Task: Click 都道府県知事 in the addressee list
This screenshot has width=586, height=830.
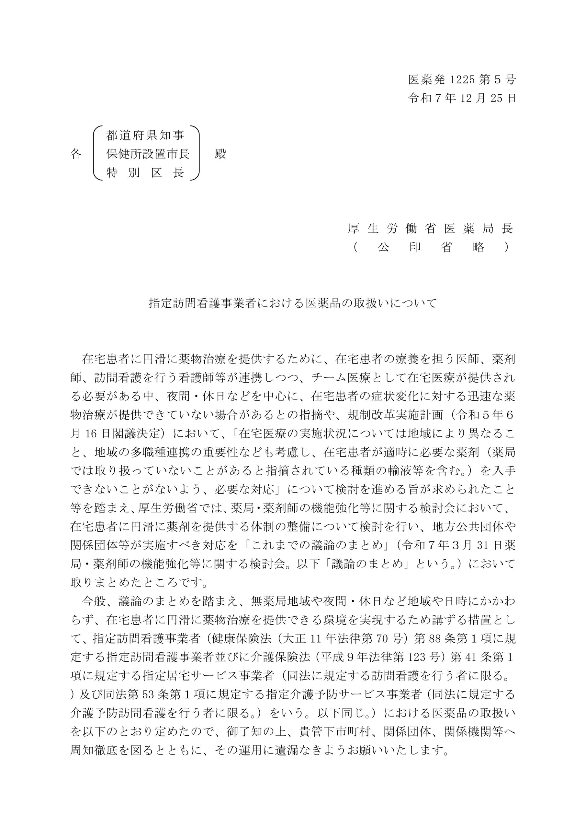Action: click(145, 136)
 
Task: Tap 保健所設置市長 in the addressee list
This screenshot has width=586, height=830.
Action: click(148, 154)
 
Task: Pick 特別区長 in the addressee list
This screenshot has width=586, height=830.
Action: click(145, 172)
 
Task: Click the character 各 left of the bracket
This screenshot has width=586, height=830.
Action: click(76, 154)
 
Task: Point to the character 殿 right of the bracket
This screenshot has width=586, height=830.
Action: click(220, 154)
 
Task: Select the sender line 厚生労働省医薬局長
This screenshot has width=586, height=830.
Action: click(430, 229)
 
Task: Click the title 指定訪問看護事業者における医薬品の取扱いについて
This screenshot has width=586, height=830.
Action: click(293, 303)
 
